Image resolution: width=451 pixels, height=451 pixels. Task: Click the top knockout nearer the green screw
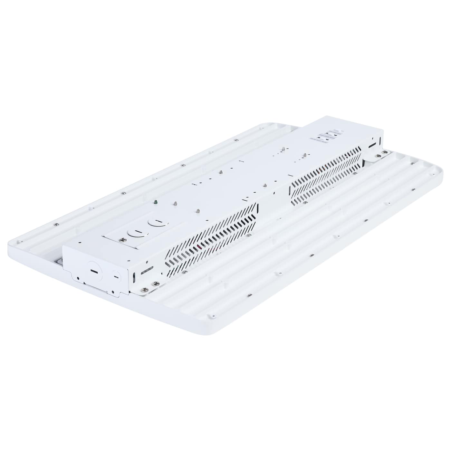[156, 222]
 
